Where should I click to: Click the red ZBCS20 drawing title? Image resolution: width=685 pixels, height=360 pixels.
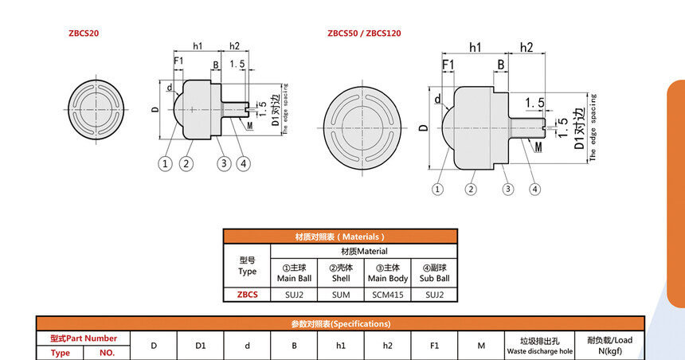tap(84, 33)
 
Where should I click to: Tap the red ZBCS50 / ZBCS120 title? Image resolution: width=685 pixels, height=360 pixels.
tap(364, 33)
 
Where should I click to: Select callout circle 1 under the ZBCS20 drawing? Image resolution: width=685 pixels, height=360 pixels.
tap(165, 164)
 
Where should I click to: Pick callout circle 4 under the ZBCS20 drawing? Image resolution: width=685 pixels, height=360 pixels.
tap(243, 164)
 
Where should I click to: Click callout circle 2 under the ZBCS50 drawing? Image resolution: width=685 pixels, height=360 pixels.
tap(471, 190)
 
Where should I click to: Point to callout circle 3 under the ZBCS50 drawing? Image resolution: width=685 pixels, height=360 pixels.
tap(507, 190)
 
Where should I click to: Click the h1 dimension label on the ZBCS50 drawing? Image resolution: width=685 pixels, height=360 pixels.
tap(475, 47)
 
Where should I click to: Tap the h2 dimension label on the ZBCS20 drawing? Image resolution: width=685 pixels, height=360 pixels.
tap(235, 46)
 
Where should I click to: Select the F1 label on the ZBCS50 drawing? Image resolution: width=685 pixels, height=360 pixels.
tap(448, 65)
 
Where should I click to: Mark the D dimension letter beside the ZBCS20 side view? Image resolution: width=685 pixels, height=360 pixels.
tap(155, 110)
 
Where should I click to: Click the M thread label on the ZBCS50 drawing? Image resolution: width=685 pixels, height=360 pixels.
tap(538, 147)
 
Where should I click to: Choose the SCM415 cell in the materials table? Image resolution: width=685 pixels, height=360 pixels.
tap(387, 295)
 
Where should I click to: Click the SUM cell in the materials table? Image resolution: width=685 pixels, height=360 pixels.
tap(341, 295)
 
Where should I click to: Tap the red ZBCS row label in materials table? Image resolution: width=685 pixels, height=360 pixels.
tap(247, 295)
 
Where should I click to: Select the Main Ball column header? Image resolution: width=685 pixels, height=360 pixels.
tap(294, 278)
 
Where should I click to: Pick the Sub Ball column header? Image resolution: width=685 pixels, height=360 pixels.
tap(434, 278)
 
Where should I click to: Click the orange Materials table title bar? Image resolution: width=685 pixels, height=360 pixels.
tap(340, 237)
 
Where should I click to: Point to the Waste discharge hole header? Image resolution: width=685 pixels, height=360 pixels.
tap(540, 351)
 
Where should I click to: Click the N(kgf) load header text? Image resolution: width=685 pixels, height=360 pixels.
tap(610, 350)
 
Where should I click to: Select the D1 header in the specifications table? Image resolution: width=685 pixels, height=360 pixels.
tap(201, 346)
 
